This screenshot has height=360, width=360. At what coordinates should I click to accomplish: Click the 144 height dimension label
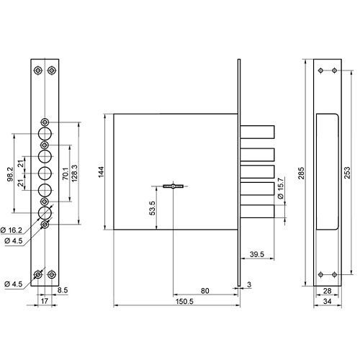pyautogui.click(x=102, y=172)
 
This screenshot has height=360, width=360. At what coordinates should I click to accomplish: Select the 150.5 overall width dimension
pyautogui.click(x=184, y=302)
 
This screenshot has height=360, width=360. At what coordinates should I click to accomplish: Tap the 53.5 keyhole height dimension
pyautogui.click(x=152, y=208)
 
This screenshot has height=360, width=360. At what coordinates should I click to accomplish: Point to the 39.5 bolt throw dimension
pyautogui.click(x=257, y=254)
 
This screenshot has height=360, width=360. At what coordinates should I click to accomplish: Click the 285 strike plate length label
pyautogui.click(x=301, y=173)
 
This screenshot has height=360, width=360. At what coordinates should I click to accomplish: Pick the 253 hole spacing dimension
pyautogui.click(x=347, y=173)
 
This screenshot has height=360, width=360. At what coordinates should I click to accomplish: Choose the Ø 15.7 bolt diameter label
pyautogui.click(x=281, y=189)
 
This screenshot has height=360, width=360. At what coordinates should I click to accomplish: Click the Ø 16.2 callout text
pyautogui.click(x=12, y=230)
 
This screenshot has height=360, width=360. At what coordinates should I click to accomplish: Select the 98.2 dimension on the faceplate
pyautogui.click(x=11, y=174)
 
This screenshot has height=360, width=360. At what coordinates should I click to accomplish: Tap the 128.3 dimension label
pyautogui.click(x=74, y=173)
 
